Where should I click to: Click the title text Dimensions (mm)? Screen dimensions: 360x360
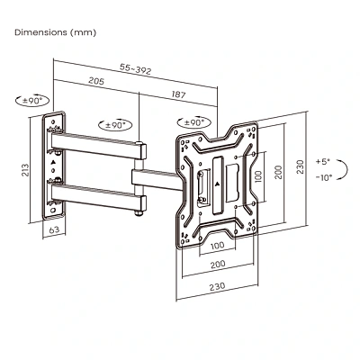point(56,32)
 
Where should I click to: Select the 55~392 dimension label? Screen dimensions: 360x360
point(136,69)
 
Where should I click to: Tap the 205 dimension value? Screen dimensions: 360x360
point(96,80)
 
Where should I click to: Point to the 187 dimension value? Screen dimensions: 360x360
point(178,94)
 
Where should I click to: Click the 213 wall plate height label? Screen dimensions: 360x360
point(26,170)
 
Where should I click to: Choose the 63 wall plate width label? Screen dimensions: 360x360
point(54,230)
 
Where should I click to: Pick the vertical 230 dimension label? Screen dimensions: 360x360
point(300,166)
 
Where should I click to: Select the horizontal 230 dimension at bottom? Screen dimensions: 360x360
point(217,286)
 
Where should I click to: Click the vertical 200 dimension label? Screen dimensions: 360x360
point(279,172)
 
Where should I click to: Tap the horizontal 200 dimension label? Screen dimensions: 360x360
point(218,265)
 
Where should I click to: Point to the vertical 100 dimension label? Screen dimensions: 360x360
point(257,177)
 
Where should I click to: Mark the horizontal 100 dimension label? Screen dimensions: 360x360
point(218,246)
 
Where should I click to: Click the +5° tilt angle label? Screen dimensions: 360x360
point(322,161)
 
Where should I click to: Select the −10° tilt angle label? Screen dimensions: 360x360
point(324,177)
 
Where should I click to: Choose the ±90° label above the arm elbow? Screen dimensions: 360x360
point(116,125)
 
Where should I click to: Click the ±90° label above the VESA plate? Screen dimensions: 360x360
point(194,122)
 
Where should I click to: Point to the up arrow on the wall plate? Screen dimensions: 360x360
point(53,162)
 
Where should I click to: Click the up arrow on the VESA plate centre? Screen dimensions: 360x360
point(218,184)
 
